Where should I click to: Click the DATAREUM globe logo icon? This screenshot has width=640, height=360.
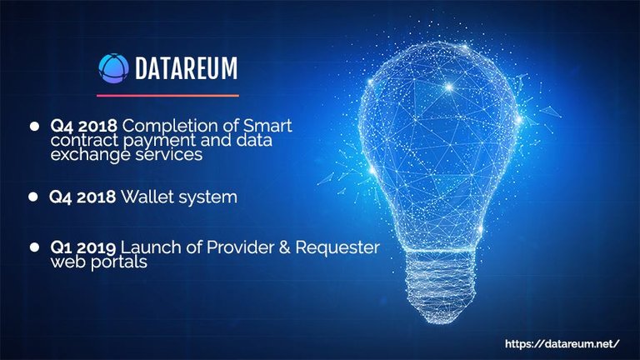[x=113, y=68]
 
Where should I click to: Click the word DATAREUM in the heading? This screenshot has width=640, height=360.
[x=186, y=68]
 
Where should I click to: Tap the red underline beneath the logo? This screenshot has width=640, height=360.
[x=167, y=96]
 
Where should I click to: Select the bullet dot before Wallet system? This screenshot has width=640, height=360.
[x=33, y=197]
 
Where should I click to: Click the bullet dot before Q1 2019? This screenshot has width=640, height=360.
[x=35, y=247]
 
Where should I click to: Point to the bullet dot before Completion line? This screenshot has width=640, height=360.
[x=35, y=126]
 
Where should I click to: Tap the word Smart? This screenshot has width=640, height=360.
[x=267, y=126]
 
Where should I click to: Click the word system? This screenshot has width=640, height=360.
[x=208, y=198]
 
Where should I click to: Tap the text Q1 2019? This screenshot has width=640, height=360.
[x=82, y=247]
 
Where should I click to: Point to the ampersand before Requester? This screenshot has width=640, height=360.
[x=284, y=247]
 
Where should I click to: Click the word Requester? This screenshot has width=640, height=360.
[x=337, y=247]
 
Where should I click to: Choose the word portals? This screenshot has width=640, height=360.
[x=119, y=262]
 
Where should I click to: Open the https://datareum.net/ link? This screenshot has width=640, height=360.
[x=562, y=344]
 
